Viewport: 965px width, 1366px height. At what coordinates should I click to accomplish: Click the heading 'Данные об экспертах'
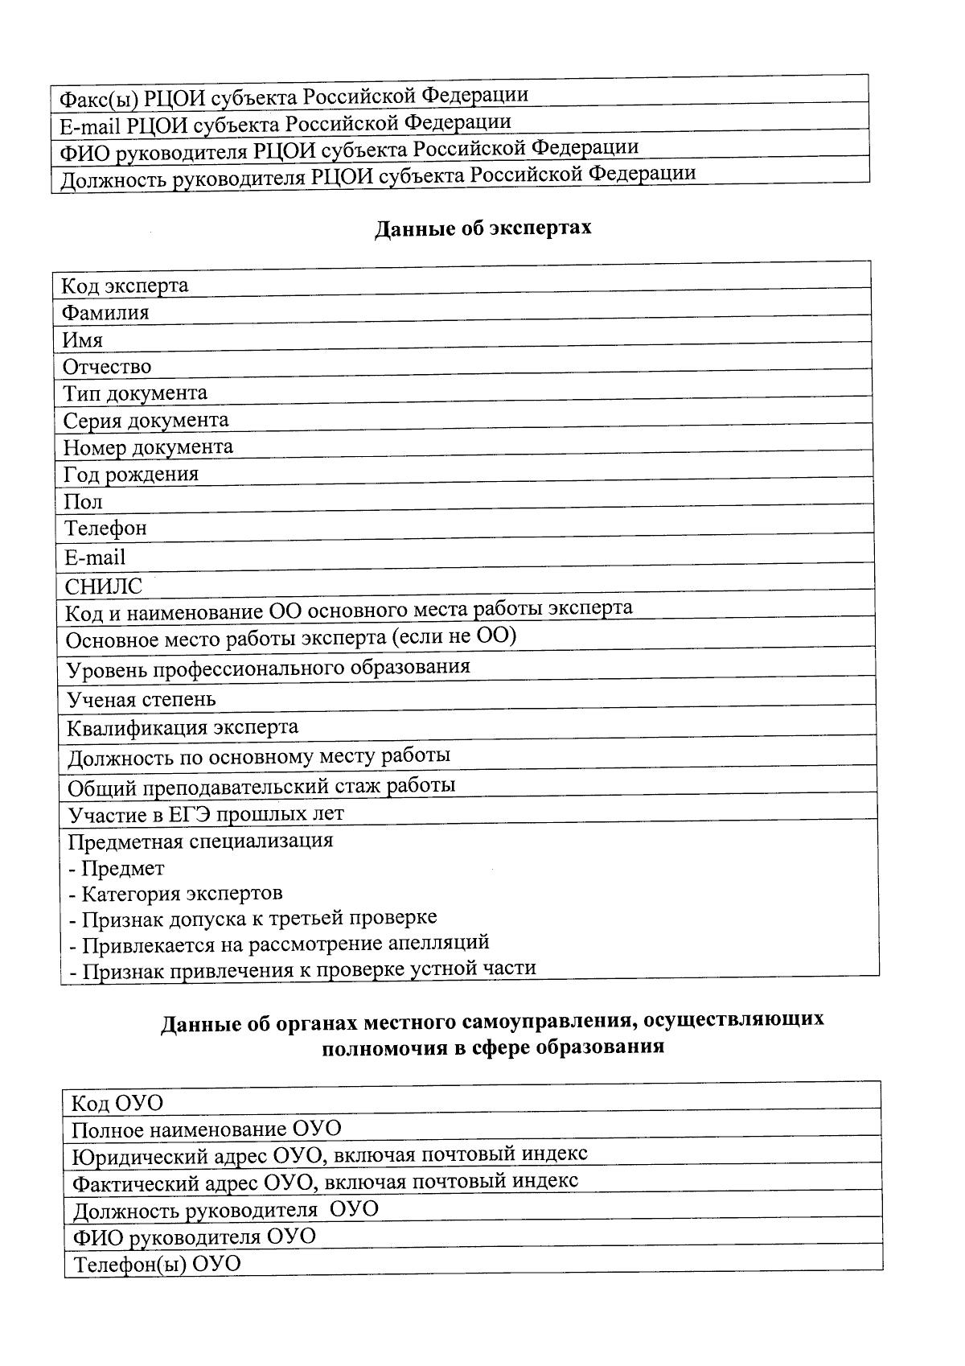[482, 228]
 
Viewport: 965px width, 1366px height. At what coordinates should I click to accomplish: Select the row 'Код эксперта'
[125, 286]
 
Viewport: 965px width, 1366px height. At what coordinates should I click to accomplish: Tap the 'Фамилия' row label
[106, 313]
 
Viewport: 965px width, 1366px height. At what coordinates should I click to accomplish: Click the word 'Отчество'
[107, 367]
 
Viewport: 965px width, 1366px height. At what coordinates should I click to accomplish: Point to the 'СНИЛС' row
[103, 586]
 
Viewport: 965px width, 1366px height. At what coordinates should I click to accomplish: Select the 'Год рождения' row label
[131, 474]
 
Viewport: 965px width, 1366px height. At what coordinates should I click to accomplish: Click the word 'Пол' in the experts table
[84, 502]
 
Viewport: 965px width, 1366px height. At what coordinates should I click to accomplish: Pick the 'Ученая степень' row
[142, 699]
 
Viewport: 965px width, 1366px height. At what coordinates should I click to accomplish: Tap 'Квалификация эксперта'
[183, 728]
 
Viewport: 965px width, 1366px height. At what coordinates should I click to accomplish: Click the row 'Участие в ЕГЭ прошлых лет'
[206, 814]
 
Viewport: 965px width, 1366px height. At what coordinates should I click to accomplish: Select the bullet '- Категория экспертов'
[175, 894]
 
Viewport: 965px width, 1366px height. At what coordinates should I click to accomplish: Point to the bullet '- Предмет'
[117, 869]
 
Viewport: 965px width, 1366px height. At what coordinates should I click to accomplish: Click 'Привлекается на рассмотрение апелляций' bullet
[279, 943]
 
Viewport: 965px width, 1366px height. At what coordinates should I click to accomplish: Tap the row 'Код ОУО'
[117, 1103]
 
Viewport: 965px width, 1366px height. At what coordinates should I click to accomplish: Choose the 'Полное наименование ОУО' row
[207, 1129]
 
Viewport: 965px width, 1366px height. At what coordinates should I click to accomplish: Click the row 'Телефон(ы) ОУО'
[158, 1264]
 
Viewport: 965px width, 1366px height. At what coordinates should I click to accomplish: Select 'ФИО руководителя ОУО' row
[195, 1236]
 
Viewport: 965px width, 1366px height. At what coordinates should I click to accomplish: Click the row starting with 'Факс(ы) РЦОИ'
[294, 97]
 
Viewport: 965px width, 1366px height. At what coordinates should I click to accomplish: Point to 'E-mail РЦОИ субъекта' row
[285, 124]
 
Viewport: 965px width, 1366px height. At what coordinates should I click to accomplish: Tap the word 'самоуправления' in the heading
[548, 1021]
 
